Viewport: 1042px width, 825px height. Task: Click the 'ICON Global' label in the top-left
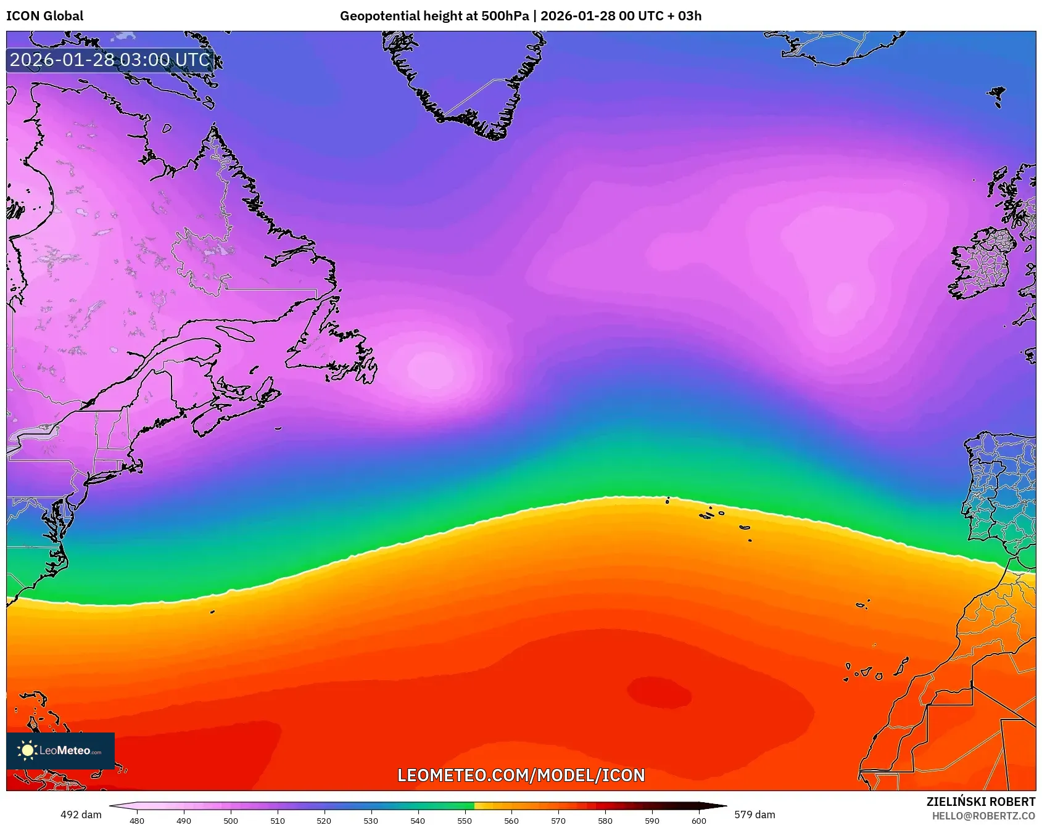44,16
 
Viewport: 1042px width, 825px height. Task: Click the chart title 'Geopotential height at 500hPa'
434,16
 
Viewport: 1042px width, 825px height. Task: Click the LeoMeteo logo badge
60,750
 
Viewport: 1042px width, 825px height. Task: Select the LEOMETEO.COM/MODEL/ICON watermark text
521,775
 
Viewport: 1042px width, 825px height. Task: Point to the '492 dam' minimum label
81,815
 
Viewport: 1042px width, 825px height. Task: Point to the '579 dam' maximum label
755,815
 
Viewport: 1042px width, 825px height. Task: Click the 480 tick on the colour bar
137,820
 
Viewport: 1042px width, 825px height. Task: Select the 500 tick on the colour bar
231,820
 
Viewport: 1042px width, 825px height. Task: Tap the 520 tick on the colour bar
324,820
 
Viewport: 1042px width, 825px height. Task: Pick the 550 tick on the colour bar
465,820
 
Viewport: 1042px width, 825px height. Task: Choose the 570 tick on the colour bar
558,820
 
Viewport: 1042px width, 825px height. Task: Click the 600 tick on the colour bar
698,820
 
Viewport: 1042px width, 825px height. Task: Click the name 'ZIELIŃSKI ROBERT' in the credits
980,802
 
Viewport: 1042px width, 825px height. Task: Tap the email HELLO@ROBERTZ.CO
983,816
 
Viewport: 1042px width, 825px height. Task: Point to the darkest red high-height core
659,692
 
